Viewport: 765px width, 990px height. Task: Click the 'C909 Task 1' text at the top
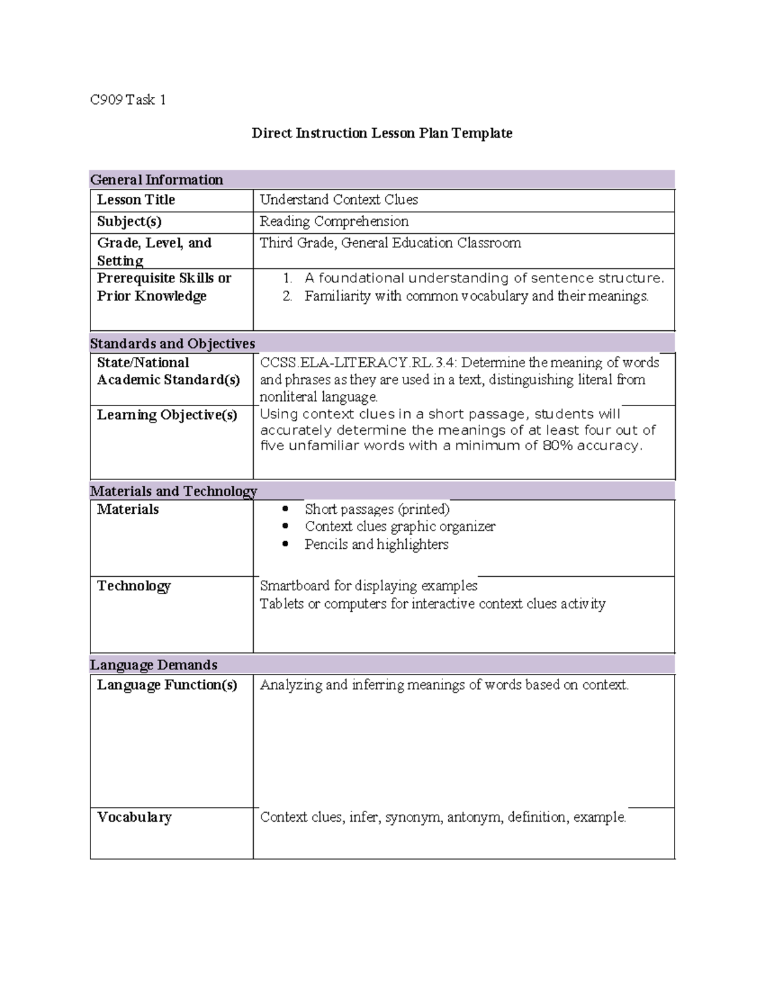coord(128,99)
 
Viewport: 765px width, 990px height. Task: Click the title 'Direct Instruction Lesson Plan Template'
coord(382,133)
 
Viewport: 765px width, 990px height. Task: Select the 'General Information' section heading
coord(157,180)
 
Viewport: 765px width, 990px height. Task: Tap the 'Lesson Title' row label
coord(136,200)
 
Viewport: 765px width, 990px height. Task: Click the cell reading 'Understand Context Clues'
coord(339,200)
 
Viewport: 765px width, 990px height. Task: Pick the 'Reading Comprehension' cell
coord(334,222)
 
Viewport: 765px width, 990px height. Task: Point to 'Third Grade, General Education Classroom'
coord(390,243)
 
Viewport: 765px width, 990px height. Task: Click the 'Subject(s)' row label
coord(129,222)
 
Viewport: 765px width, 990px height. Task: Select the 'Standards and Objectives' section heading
coord(173,344)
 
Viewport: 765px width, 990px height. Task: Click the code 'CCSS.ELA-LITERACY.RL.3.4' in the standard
coord(358,363)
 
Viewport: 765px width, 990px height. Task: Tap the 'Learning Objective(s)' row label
coord(167,415)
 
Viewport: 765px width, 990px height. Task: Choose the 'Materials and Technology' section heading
coord(173,491)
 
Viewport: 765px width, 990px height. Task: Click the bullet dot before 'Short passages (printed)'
coord(286,509)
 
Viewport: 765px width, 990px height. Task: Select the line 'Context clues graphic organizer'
coord(400,527)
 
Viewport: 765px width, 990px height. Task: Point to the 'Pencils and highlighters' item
coord(376,544)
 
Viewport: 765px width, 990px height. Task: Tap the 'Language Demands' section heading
coord(154,665)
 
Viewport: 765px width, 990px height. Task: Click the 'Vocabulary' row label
coord(135,817)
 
